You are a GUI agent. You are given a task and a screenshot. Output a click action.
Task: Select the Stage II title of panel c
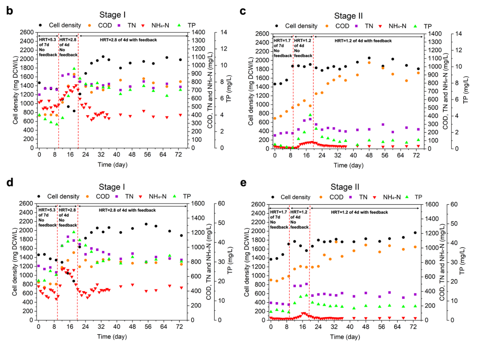tap(348, 16)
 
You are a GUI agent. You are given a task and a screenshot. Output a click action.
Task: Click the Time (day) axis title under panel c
tap(348, 166)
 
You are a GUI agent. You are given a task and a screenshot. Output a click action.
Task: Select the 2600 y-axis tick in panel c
tap(262, 34)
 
